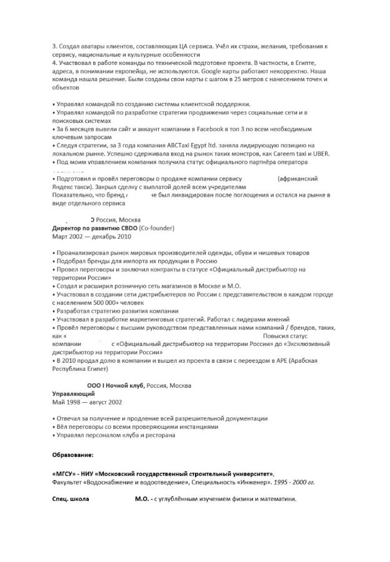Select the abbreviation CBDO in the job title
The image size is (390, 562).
click(126, 229)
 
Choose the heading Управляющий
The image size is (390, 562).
click(73, 394)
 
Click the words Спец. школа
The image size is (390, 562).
click(71, 500)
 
